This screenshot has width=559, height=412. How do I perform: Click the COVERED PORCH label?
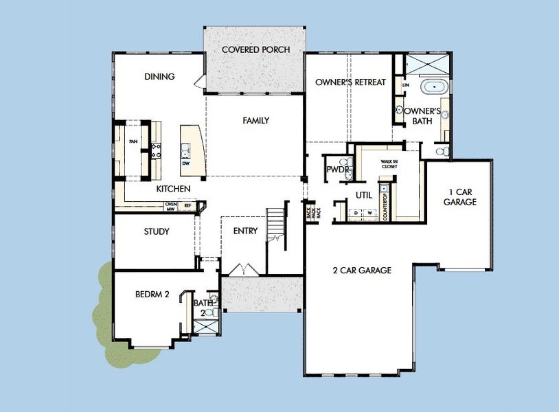pyautogui.click(x=255, y=49)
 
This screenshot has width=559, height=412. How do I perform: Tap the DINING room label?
pyautogui.click(x=159, y=77)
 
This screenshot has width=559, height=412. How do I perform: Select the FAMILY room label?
pyautogui.click(x=255, y=121)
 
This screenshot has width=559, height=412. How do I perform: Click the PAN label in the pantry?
pyautogui.click(x=133, y=142)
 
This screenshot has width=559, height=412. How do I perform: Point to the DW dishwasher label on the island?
pyautogui.click(x=185, y=163)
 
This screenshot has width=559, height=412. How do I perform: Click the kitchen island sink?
pyautogui.click(x=185, y=146)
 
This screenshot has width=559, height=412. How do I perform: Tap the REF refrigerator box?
pyautogui.click(x=186, y=205)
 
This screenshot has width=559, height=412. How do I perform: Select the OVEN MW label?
pyautogui.click(x=171, y=205)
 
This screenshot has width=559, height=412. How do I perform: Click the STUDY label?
pyautogui.click(x=157, y=231)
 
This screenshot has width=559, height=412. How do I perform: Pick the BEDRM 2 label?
pyautogui.click(x=152, y=295)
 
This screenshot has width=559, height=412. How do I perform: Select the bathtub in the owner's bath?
pyautogui.click(x=433, y=88)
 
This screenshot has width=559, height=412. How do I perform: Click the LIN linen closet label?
pyautogui.click(x=406, y=84)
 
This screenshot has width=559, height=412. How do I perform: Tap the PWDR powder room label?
pyautogui.click(x=339, y=169)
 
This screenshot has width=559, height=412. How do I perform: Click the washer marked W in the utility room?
pyautogui.click(x=371, y=214)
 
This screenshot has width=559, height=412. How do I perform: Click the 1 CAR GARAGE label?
pyautogui.click(x=459, y=197)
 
